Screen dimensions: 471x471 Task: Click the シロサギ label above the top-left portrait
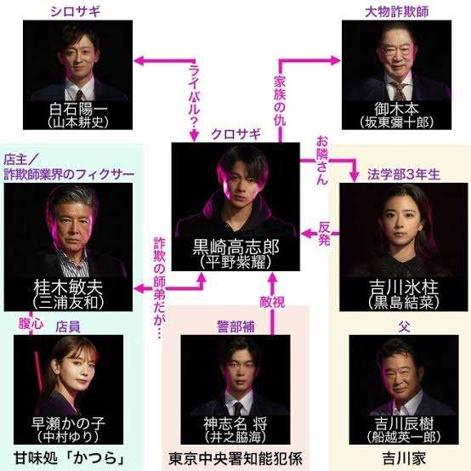tap(75, 12)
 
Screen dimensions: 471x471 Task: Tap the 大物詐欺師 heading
tap(396, 12)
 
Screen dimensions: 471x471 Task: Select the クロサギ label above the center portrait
tap(235, 134)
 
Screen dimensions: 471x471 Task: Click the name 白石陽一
tap(78, 110)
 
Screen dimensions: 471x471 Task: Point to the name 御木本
tap(396, 109)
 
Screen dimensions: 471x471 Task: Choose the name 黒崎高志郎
tap(235, 247)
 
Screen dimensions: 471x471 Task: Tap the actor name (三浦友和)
tap(69, 302)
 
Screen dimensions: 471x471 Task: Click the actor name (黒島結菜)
tap(404, 302)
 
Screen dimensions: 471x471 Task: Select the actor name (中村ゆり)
tap(68, 436)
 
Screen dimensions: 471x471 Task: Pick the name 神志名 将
tap(235, 424)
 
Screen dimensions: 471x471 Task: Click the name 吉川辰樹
tap(404, 424)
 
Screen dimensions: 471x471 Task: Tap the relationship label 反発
tap(324, 234)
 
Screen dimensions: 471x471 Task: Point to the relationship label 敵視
tap(272, 302)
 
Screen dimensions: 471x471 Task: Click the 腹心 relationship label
tap(31, 324)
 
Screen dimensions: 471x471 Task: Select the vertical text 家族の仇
tap(280, 100)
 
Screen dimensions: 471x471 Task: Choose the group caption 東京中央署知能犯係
tap(235, 459)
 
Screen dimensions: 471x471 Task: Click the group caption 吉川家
tap(404, 459)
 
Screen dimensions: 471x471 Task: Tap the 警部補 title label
tap(235, 326)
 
